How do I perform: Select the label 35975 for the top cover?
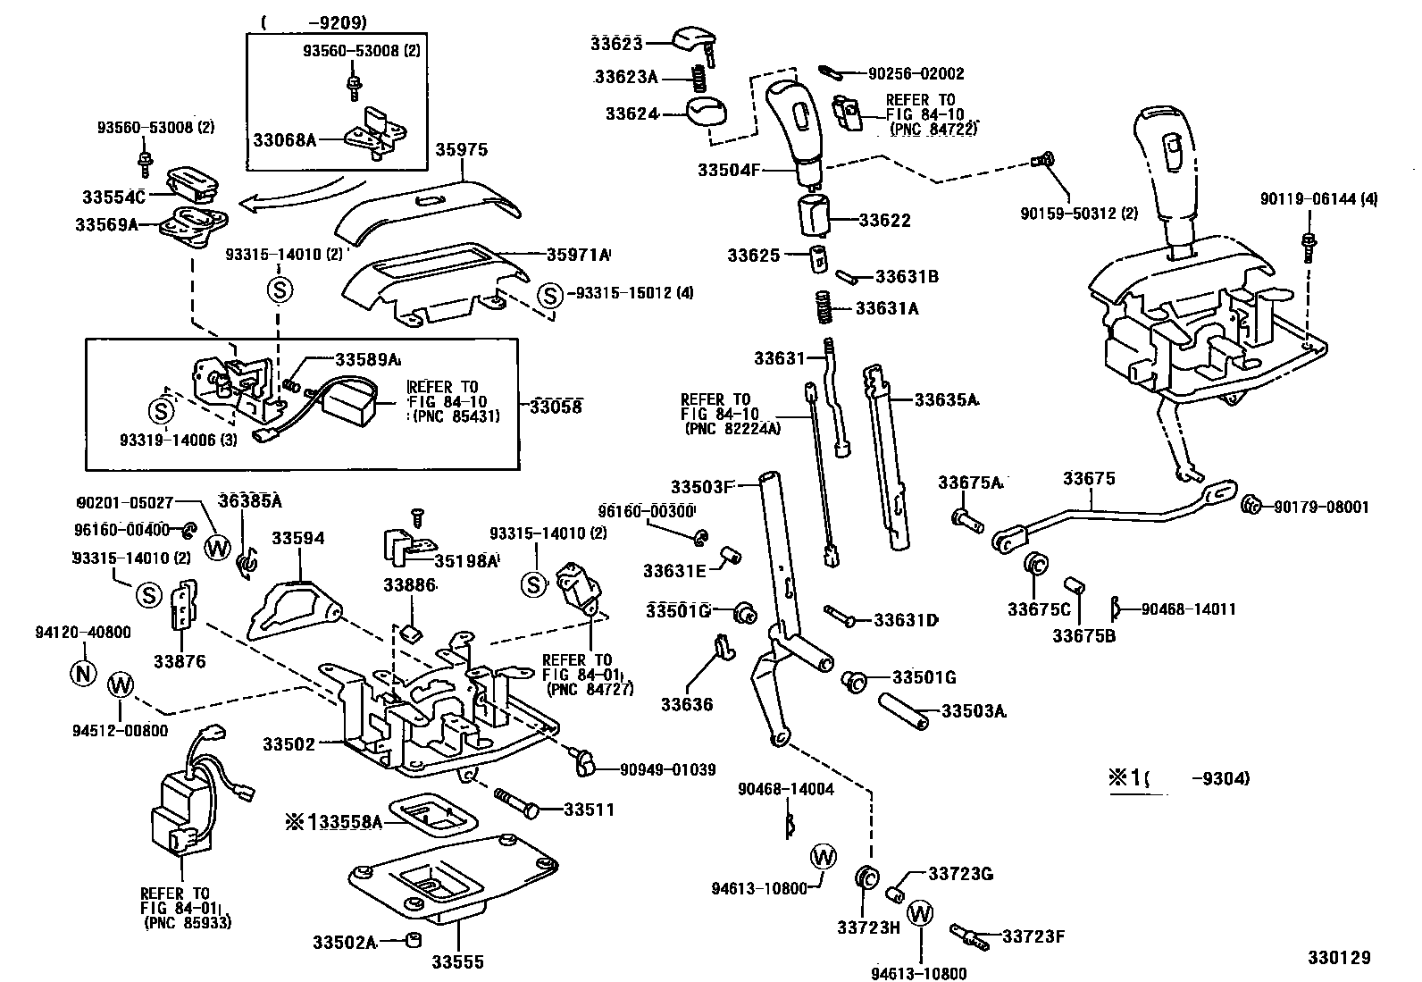pos(462,150)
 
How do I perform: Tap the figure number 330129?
pos(1338,958)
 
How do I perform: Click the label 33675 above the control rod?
pos(1089,479)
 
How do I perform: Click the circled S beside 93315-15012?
pos(550,294)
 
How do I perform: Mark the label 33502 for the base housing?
pos(289,743)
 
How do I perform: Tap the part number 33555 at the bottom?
pos(457,962)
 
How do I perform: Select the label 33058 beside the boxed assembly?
pos(555,407)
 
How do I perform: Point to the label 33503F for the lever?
pos(701,487)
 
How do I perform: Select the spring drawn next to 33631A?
pos(826,308)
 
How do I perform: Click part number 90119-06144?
pos(1318,200)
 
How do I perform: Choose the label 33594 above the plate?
pos(298,539)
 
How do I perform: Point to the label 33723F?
pos(1033,936)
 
